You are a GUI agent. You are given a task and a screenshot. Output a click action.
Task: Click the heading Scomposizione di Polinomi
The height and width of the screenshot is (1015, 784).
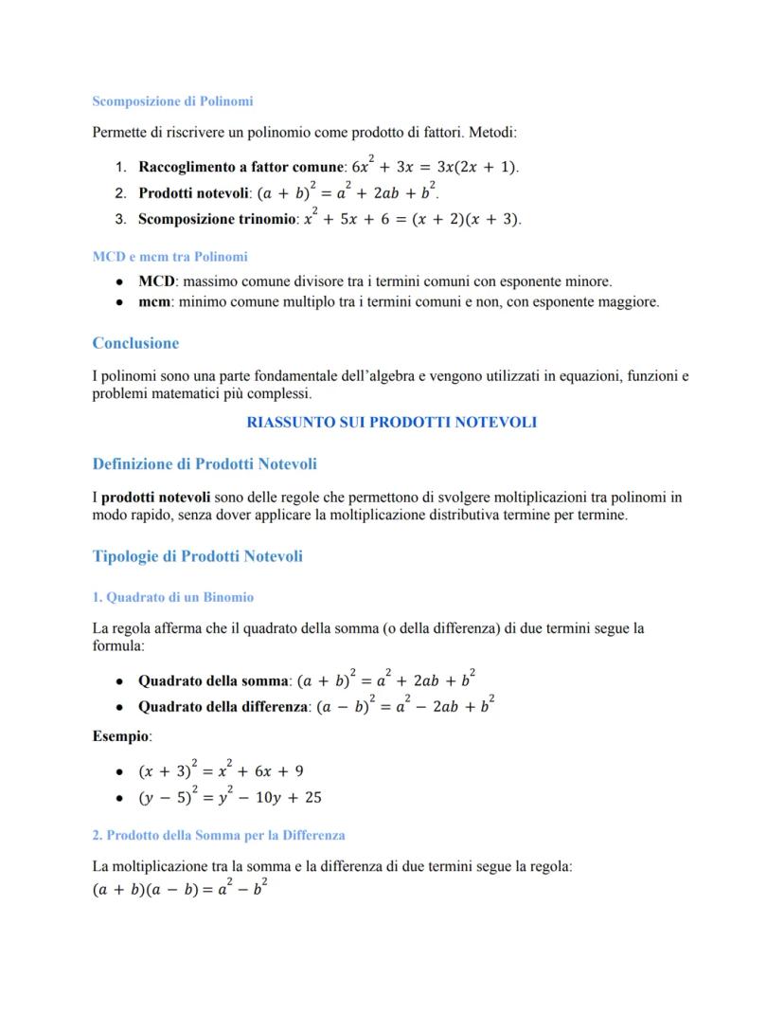coord(172,100)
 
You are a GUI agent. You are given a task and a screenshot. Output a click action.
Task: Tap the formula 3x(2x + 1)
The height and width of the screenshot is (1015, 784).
coord(476,168)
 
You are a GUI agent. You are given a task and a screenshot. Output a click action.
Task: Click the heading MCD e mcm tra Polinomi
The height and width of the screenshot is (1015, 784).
coord(170,256)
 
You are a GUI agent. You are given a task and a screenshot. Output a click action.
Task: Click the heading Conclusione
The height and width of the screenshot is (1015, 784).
coord(135,343)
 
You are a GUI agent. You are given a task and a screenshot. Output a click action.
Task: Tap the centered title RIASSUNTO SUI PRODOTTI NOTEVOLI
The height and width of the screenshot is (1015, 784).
coord(391,422)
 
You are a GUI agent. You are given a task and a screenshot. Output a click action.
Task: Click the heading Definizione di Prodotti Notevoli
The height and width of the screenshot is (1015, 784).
coord(205,463)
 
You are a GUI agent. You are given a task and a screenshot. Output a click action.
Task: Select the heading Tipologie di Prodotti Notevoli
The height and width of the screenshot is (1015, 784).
coord(198,556)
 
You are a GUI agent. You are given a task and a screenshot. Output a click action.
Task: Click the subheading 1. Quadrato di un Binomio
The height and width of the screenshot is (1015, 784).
coord(173,597)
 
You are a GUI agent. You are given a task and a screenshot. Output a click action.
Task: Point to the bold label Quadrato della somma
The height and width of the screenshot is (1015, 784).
coord(213,680)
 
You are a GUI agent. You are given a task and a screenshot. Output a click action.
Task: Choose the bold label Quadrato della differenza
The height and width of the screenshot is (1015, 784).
coord(223,707)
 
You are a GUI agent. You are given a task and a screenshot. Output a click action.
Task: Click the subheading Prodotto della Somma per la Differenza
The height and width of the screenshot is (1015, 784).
coord(225,835)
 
